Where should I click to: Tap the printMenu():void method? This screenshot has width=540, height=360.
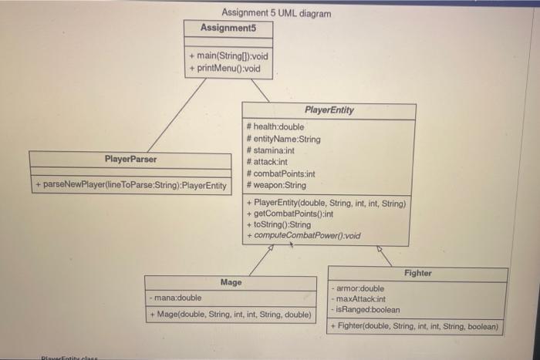tap(225, 69)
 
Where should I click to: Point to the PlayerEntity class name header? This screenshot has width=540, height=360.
tap(329, 110)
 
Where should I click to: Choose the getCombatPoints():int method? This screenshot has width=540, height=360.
tap(289, 214)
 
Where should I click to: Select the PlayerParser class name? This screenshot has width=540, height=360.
tap(130, 160)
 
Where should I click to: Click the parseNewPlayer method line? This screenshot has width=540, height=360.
tap(130, 186)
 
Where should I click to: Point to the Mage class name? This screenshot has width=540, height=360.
tap(231, 283)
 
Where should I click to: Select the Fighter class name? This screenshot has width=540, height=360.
tap(417, 273)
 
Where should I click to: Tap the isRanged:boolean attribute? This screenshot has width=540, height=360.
tap(366, 310)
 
